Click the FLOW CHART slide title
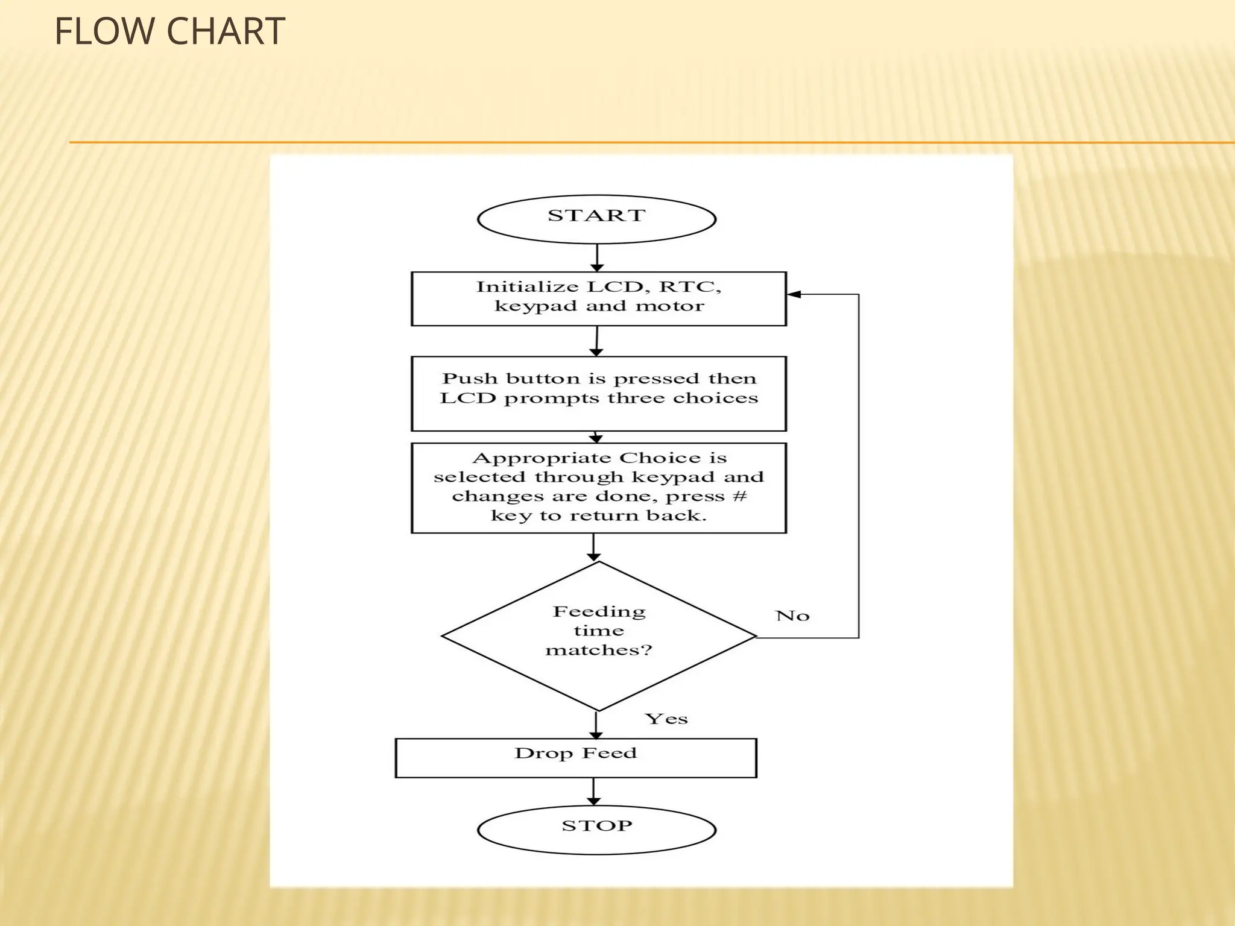169,31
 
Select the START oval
596,219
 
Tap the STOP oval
596,829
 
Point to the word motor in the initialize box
670,306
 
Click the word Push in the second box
470,379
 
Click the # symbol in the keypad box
741,496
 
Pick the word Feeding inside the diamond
599,612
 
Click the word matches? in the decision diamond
599,650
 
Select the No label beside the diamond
792,616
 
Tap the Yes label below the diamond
666,719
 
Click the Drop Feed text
575,753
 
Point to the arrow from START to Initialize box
596,258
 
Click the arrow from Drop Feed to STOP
594,792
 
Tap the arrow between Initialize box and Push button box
596,341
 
